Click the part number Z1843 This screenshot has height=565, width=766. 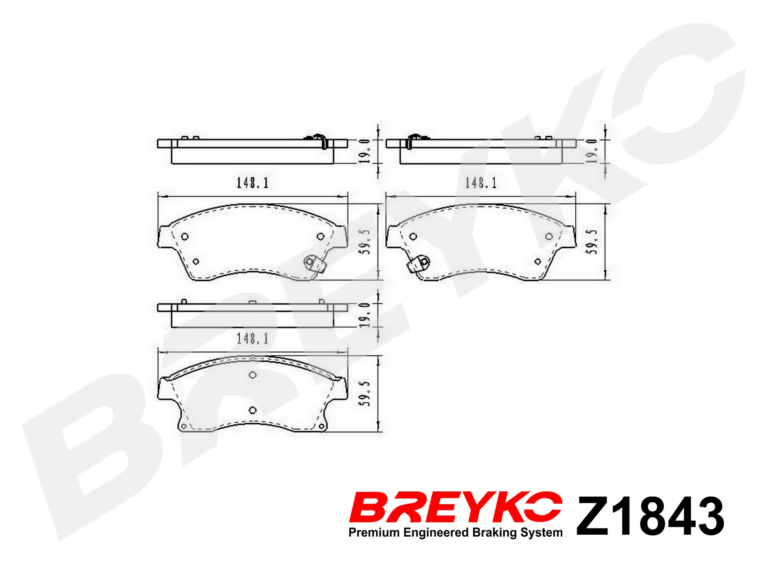click(x=650, y=516)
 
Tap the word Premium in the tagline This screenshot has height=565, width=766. click(x=374, y=533)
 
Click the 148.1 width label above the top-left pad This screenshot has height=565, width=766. click(x=252, y=183)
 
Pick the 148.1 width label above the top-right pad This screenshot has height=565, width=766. click(x=481, y=183)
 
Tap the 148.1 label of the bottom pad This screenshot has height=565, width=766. click(x=252, y=338)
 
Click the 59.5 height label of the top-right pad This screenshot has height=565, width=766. click(x=592, y=242)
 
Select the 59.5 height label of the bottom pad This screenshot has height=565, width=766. click(x=365, y=393)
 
